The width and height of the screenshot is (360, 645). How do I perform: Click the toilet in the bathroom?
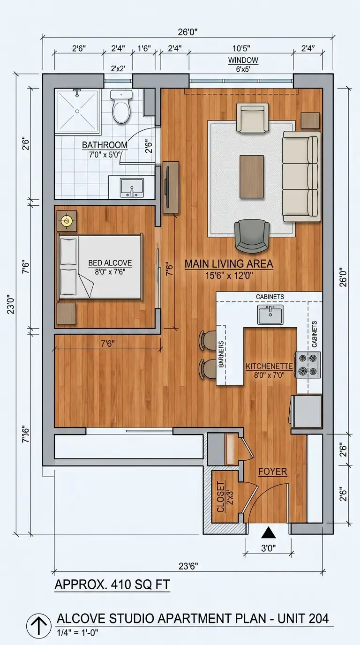tap(121, 107)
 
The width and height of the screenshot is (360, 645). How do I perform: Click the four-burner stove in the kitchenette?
tap(307, 365)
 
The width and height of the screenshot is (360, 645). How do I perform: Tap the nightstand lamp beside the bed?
tap(67, 221)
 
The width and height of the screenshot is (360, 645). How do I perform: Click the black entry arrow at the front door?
tap(268, 532)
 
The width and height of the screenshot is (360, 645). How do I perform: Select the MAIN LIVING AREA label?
tap(228, 264)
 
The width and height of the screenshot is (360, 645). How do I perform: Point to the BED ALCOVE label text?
tap(110, 263)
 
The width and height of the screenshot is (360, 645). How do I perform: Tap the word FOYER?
tap(272, 472)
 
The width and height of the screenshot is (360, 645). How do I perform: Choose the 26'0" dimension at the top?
tap(188, 32)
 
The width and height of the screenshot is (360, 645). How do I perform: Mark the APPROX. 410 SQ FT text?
tap(112, 585)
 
